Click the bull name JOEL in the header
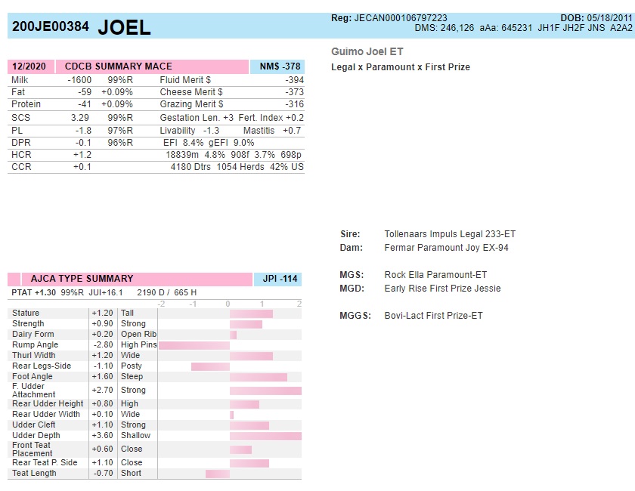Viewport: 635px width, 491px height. (x=125, y=27)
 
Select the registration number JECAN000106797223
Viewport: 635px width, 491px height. (x=401, y=18)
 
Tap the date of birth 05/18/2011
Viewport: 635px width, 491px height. (x=608, y=18)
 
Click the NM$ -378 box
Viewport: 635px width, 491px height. (x=277, y=66)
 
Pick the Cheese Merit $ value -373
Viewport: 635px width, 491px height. (x=294, y=92)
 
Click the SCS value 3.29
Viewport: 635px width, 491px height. (x=80, y=118)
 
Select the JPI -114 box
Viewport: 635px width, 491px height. (x=277, y=279)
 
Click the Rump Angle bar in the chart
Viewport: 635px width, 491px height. (x=194, y=345)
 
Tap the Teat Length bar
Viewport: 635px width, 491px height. (x=217, y=474)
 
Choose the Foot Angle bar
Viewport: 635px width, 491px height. (x=258, y=377)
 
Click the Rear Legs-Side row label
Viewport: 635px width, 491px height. (x=42, y=366)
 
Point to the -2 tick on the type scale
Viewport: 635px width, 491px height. (x=161, y=304)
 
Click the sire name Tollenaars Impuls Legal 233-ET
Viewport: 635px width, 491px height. (x=450, y=234)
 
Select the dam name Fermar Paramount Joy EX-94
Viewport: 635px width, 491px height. (x=446, y=248)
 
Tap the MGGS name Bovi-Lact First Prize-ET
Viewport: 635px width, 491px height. (x=433, y=316)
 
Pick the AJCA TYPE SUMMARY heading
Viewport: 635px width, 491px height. (x=82, y=279)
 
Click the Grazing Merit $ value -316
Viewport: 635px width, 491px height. (x=294, y=104)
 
